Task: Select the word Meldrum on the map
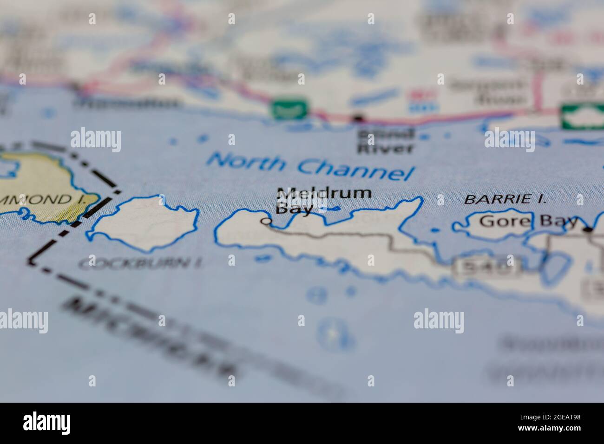(x=324, y=193)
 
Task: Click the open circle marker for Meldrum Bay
(x=266, y=221)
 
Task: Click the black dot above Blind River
(x=357, y=119)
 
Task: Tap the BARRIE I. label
(x=505, y=200)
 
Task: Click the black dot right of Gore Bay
(x=589, y=229)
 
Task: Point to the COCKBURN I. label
(x=140, y=264)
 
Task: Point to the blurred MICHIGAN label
(x=153, y=337)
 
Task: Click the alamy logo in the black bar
(x=46, y=423)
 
